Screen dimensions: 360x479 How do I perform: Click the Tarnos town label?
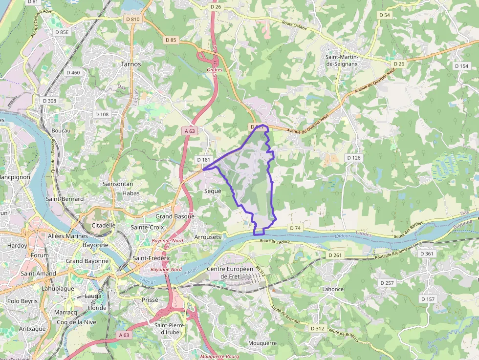coord(131,64)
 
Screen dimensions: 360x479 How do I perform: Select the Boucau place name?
coord(61,131)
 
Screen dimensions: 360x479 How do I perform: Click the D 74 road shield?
coord(295,228)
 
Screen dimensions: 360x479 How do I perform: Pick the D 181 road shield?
coord(203,160)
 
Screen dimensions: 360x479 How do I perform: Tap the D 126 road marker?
coord(353,158)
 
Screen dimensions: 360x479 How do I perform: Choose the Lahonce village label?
coord(333,289)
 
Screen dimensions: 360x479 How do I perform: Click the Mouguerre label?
coord(262,343)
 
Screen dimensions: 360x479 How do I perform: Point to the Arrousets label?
coord(208,237)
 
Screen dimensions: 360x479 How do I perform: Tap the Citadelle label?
coord(104,226)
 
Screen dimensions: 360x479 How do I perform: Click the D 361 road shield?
coord(427,254)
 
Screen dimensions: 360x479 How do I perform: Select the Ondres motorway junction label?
coord(215,70)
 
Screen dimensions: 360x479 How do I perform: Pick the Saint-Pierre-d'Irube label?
coord(167,329)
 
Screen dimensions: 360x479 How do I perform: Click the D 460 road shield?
coord(72,73)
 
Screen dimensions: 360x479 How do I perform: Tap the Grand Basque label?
coord(174,216)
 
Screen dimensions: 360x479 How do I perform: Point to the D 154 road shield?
coord(461,66)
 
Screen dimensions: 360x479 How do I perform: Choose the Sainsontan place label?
coord(115,184)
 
